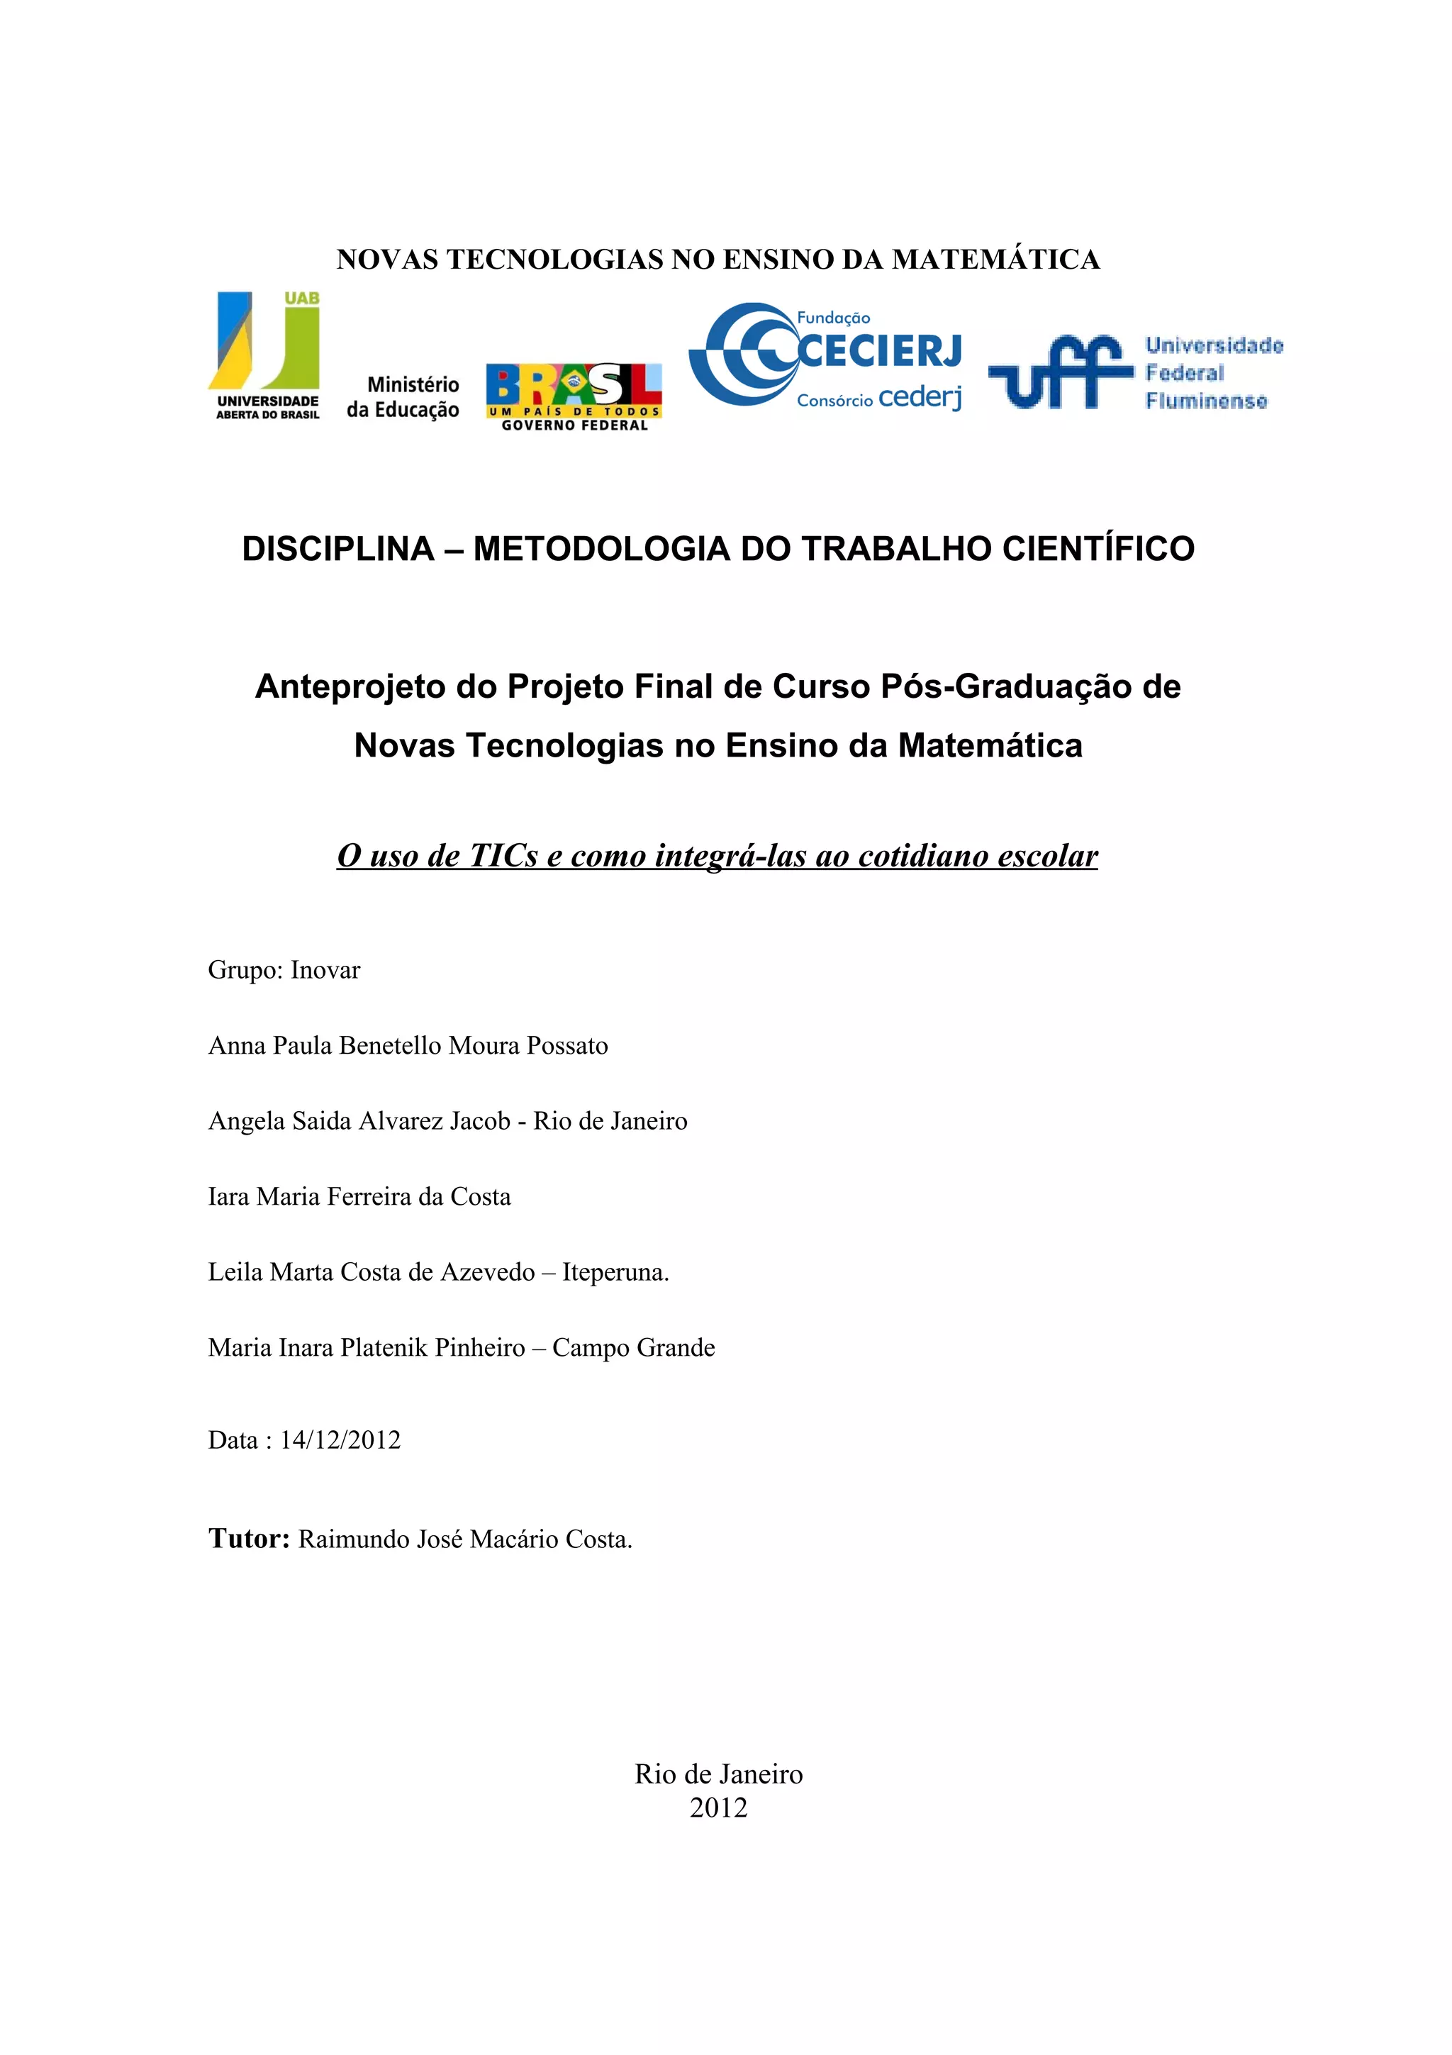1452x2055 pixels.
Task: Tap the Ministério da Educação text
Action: [x=403, y=396]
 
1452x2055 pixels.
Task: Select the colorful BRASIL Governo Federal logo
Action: [x=574, y=396]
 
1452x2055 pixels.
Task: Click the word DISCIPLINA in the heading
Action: [x=337, y=549]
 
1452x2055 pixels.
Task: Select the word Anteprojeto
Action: [x=350, y=686]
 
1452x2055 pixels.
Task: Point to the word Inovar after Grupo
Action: [x=325, y=970]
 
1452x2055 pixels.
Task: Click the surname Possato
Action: [x=567, y=1045]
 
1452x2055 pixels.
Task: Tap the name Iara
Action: [x=228, y=1197]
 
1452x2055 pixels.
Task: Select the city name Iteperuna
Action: [x=615, y=1272]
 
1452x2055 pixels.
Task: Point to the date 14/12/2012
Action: [x=340, y=1440]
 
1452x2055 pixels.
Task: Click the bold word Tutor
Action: [x=248, y=1539]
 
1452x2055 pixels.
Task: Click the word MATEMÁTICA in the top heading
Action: [x=995, y=260]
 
